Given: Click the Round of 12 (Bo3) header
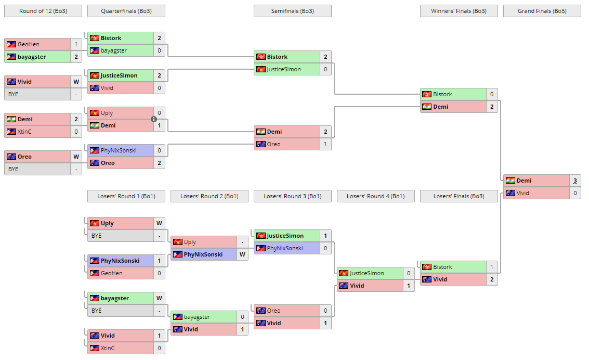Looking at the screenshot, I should (x=43, y=11).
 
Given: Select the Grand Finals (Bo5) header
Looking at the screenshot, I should (x=542, y=11).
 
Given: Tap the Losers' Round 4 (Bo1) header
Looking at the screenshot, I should (x=375, y=196).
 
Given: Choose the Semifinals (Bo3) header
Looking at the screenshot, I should (x=292, y=11).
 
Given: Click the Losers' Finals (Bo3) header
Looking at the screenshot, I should (x=459, y=196).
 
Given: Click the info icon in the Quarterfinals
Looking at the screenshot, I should (x=154, y=119).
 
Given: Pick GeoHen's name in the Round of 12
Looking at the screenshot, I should (x=29, y=44).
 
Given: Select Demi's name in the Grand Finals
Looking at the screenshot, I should (x=524, y=181).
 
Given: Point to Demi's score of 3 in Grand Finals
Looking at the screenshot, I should (x=575, y=181).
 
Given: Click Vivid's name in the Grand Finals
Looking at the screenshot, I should (x=523, y=193).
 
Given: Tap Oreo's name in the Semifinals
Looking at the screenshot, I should (x=273, y=144).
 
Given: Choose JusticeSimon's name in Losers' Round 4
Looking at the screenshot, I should (x=367, y=273).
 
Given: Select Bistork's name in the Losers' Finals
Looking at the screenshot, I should (x=442, y=267).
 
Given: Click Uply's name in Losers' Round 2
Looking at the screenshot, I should (x=190, y=242).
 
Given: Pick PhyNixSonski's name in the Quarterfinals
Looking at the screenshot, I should (x=119, y=150).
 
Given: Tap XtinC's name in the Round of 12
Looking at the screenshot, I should (x=24, y=132).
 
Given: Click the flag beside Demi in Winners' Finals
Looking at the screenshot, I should (x=426, y=107).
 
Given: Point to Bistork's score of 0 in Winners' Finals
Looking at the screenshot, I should (x=491, y=94).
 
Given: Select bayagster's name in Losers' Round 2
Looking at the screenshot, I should (x=197, y=317).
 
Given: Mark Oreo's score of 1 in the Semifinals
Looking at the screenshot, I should (x=325, y=144).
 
